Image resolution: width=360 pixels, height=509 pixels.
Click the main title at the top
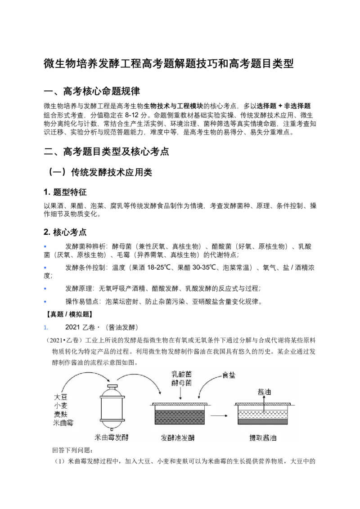[169, 63]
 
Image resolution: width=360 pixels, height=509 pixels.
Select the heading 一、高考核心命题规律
[92, 91]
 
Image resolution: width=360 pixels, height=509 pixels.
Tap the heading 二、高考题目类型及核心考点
[107, 151]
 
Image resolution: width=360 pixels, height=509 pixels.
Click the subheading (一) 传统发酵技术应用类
[100, 172]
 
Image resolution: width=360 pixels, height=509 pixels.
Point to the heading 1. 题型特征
[65, 192]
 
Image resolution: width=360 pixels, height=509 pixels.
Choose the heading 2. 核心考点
[65, 232]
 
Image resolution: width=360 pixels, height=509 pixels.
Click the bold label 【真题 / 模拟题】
[68, 314]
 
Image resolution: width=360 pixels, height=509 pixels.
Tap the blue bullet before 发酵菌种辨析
[45, 247]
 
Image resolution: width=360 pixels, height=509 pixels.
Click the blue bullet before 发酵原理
[45, 289]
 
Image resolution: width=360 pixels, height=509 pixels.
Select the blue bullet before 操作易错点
[45, 302]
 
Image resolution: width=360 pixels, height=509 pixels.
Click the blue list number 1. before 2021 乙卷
[46, 327]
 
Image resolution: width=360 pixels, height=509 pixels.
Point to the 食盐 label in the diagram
[229, 375]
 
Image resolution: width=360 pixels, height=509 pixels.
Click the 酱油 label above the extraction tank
[264, 392]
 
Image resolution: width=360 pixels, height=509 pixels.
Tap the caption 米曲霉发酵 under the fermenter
[112, 438]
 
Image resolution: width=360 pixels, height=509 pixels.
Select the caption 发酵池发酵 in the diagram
[178, 438]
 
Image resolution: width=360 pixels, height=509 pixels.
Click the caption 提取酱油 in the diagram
[263, 438]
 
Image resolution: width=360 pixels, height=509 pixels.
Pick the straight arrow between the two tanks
[219, 415]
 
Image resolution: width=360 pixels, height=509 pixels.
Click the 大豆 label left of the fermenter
[60, 397]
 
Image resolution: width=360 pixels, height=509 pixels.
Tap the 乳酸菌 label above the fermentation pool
[181, 374]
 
